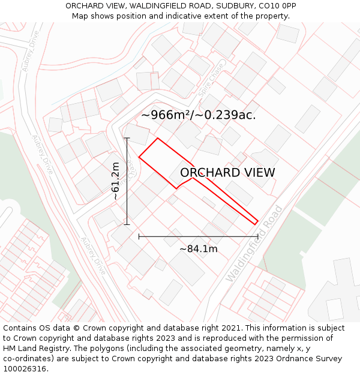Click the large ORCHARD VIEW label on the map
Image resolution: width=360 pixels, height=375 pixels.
(227, 173)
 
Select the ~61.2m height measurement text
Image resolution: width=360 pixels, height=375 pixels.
(115, 181)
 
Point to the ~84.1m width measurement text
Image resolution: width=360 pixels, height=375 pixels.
(198, 248)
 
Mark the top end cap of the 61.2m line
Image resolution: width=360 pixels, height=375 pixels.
(127, 138)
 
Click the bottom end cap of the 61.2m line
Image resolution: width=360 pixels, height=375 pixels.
(127, 225)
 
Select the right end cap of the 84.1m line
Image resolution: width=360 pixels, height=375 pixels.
(258, 237)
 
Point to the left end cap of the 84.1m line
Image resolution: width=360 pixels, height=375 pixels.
(139, 237)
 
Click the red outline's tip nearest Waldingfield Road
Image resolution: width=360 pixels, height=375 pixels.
(257, 223)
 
